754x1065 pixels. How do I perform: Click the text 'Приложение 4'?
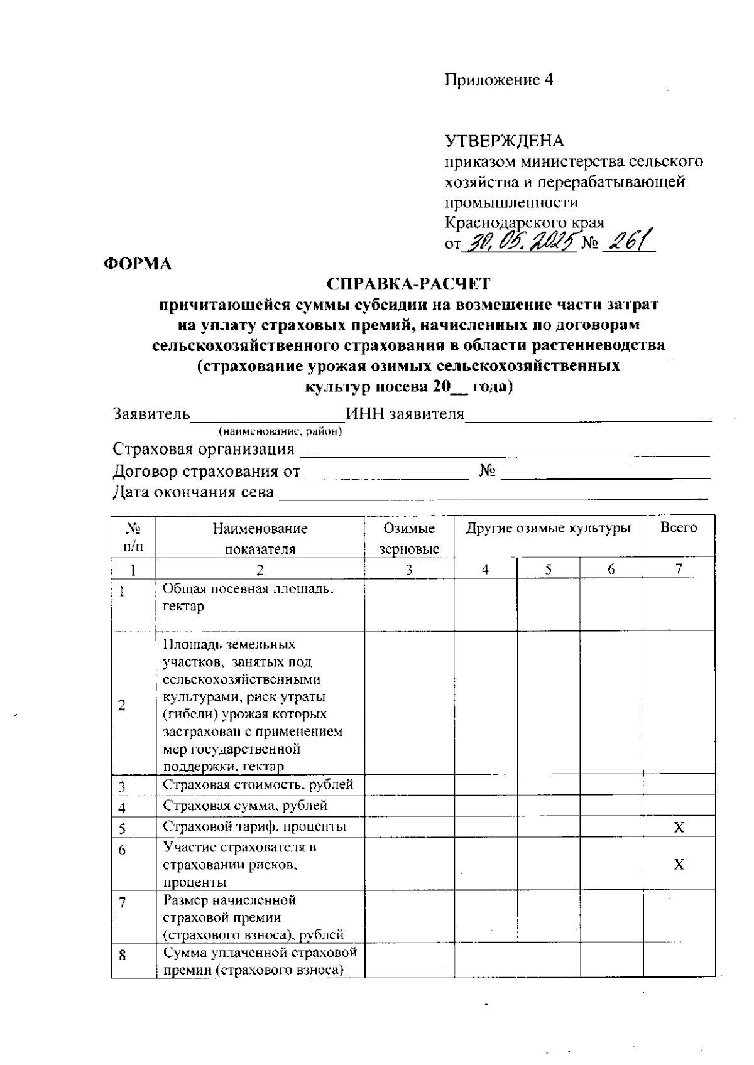[499, 80]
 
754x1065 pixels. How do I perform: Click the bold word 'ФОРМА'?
[138, 264]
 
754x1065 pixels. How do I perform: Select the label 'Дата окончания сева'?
[194, 492]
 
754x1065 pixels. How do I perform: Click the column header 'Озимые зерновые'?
[409, 538]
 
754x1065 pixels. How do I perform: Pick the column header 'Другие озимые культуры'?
[548, 528]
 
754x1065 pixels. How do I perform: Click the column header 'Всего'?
[679, 527]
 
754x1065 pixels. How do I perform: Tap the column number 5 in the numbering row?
[548, 570]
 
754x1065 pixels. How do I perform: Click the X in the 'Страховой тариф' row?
[679, 828]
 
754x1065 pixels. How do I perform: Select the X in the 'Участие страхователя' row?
[679, 865]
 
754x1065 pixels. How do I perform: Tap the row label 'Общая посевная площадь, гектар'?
[248, 597]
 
